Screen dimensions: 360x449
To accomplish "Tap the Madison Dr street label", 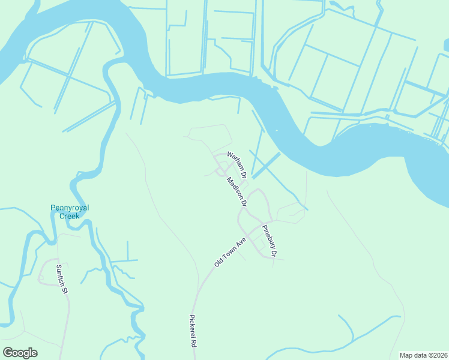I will tap(237, 192).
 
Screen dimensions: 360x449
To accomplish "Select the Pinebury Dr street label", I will tap(269, 241).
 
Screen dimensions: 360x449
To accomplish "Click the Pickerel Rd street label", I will tap(193, 332).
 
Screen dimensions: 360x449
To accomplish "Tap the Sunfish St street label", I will tap(60, 279).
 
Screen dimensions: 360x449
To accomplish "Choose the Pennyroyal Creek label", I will tap(69, 212).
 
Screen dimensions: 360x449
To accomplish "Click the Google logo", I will tap(20, 353).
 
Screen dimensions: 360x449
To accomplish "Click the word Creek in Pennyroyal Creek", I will tap(69, 216).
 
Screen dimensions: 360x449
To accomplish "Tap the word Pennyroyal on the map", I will tap(69, 208).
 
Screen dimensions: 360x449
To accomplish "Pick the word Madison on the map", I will tap(234, 188).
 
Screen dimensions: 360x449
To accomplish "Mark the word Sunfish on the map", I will tap(59, 276).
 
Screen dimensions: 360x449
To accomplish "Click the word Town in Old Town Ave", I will tap(231, 251).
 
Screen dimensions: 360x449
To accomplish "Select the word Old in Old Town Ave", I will tap(219, 262).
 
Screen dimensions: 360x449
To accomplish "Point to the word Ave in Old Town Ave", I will tap(242, 242).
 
